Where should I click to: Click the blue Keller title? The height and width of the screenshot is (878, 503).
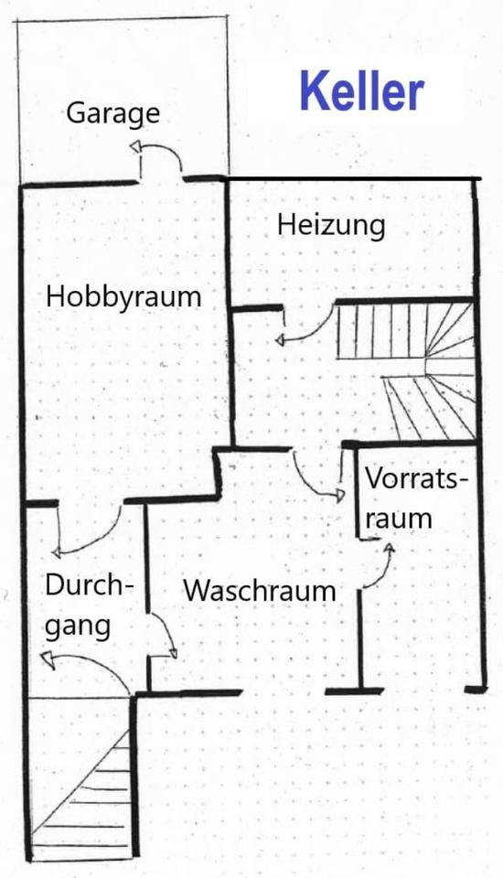(x=362, y=91)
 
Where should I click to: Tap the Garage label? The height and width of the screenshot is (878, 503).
(x=113, y=113)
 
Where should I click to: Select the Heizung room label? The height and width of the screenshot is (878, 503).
(x=331, y=225)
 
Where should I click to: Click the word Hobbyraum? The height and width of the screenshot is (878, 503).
(x=123, y=296)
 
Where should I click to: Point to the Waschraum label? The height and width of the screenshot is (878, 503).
(x=260, y=591)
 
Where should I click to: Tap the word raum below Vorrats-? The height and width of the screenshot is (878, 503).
(x=399, y=519)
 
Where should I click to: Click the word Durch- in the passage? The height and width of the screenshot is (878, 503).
(x=90, y=585)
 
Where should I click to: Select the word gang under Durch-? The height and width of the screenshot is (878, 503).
(x=78, y=626)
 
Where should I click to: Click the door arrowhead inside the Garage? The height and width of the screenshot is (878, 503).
(x=136, y=146)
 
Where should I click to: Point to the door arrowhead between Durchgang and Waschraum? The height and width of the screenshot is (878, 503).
(x=173, y=652)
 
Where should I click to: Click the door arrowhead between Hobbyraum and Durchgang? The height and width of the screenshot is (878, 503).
(x=56, y=553)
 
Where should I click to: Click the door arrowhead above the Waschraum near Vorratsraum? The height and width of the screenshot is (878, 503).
(x=339, y=495)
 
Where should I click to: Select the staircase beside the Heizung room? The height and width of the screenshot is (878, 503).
(x=405, y=370)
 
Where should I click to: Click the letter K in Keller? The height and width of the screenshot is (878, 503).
(x=313, y=91)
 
